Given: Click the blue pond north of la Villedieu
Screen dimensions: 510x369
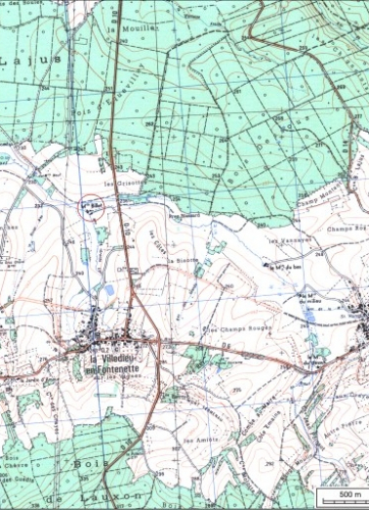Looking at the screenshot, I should click(109, 290).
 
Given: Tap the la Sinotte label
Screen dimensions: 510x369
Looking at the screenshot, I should click(180, 262).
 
